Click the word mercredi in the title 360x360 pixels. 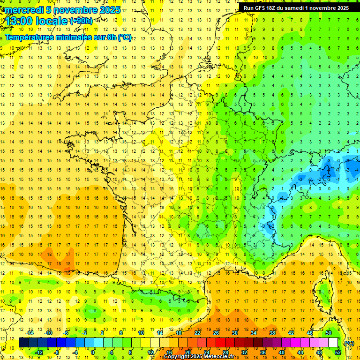click(x=24, y=10)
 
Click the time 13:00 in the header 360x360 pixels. click(x=19, y=21)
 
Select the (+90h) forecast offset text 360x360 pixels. click(x=81, y=21)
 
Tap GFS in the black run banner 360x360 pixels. click(x=261, y=8)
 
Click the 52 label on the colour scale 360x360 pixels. click(x=338, y=352)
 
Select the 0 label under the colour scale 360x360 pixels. click(x=93, y=352)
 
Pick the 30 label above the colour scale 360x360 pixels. click(x=234, y=333)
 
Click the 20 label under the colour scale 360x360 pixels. click(x=187, y=352)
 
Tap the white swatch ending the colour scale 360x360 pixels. click(x=333, y=343)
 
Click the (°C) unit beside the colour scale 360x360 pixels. click(x=349, y=343)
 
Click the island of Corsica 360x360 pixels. click(x=324, y=288)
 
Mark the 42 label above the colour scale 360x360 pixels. click(x=291, y=333)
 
